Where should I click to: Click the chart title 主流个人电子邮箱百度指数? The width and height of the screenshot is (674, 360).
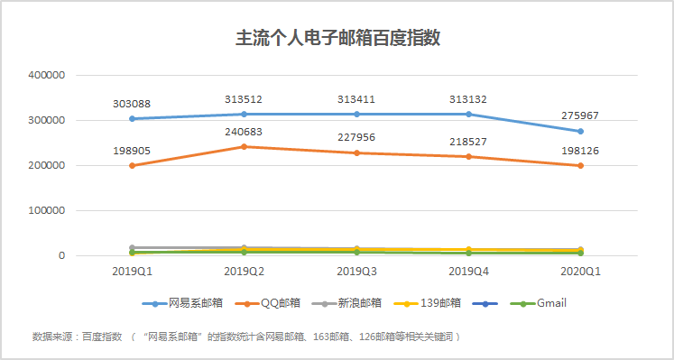337,39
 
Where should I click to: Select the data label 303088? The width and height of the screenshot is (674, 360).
133,104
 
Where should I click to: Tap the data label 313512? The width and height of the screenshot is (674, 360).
245,98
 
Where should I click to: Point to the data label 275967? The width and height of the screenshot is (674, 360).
580,115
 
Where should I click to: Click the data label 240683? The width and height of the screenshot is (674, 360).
245,132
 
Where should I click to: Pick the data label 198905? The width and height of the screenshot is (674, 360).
133,151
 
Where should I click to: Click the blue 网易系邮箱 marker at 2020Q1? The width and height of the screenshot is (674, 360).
580,131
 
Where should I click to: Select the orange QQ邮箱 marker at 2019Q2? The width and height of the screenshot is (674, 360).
245,146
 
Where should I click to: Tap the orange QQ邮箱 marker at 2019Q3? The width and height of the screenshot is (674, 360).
356,152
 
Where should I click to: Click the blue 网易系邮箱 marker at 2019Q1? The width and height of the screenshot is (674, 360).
133,118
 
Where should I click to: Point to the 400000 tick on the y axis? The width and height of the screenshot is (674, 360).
46,75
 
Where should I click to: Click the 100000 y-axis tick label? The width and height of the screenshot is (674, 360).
46,210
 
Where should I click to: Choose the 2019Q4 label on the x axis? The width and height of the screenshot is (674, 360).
468,270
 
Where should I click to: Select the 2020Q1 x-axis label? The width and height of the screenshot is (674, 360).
580,270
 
